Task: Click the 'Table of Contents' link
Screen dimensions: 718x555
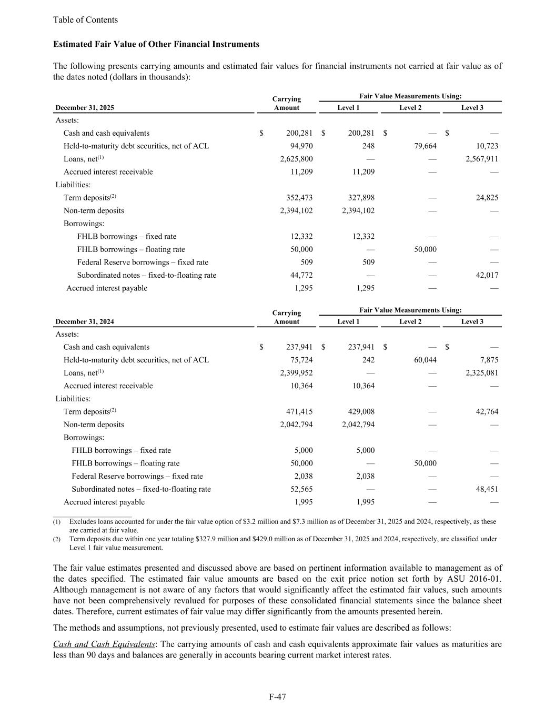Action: pos(85,20)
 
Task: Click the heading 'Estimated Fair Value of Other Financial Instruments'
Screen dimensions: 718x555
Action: pos(156,44)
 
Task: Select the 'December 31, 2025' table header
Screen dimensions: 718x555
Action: pos(85,108)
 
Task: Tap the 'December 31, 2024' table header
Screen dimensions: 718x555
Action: pos(85,322)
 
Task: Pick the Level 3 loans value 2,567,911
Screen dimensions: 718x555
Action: pos(482,159)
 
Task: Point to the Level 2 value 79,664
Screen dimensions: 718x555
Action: pos(422,146)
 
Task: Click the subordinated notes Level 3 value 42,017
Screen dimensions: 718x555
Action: pos(487,275)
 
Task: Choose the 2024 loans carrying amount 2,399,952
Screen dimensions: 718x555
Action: pos(296,373)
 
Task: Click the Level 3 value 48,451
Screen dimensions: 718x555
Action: pos(487,489)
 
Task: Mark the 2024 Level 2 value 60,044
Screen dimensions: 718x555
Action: pos(422,360)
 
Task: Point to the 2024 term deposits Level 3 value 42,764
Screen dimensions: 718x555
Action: pos(487,412)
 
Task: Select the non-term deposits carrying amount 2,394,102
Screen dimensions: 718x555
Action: pos(296,211)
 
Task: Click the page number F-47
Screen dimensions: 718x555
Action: pos(277,697)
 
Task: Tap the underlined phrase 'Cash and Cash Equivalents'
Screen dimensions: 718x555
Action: pos(104,644)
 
